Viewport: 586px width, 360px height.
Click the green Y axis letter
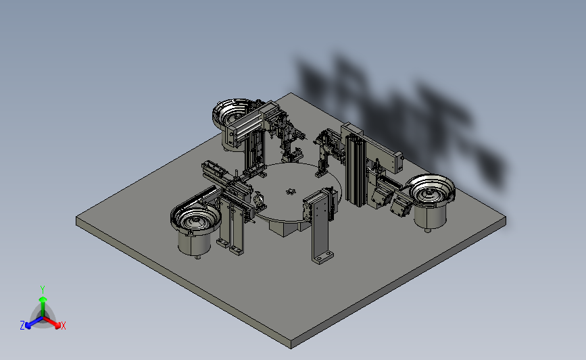coord(43,290)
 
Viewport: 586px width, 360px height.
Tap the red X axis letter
coord(63,326)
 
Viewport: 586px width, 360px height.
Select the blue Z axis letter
coord(22,326)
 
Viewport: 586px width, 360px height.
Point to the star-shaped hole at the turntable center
coord(291,192)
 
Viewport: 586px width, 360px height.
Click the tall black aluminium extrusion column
coord(355,170)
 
